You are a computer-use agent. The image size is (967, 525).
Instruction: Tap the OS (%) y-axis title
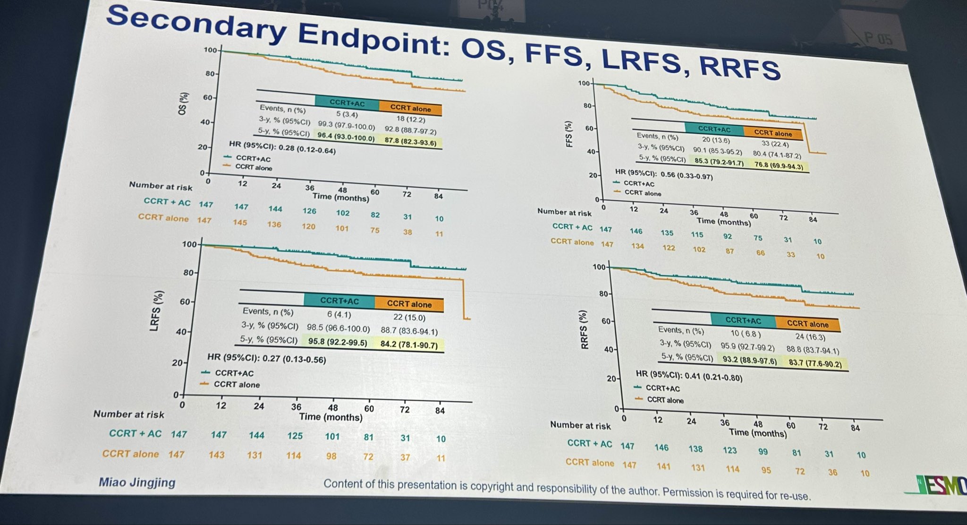[183, 103]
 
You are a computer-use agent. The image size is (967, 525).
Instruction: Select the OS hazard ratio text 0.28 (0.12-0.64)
[307, 149]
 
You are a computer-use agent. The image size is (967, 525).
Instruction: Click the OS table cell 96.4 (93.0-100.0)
[346, 138]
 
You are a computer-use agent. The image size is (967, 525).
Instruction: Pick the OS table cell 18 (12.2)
[410, 120]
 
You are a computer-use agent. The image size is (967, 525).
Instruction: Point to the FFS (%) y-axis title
[569, 134]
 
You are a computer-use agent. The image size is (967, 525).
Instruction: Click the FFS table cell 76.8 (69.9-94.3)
[778, 165]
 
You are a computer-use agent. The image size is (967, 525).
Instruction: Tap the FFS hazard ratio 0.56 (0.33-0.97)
[687, 175]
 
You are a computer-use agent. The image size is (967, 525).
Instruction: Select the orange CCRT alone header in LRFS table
[409, 304]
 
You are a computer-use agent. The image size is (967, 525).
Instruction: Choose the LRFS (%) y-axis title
[156, 310]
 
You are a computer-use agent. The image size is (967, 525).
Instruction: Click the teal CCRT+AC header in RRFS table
[743, 321]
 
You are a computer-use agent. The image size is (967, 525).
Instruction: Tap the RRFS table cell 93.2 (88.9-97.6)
[749, 361]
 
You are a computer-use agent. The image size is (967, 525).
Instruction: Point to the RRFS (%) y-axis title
[585, 329]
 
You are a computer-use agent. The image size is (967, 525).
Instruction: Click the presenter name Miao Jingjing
[137, 482]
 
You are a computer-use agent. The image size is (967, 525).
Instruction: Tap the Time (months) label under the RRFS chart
[757, 432]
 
